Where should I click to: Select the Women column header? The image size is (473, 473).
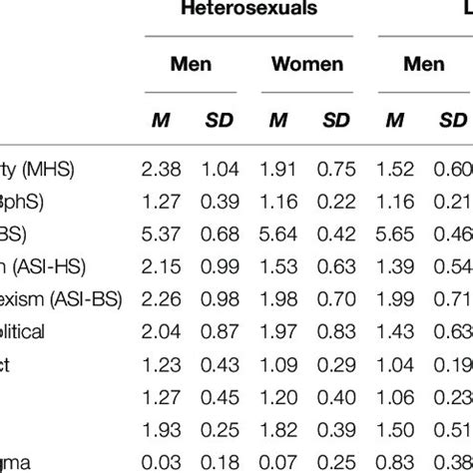click(307, 66)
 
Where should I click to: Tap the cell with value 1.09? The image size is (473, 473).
click(280, 365)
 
